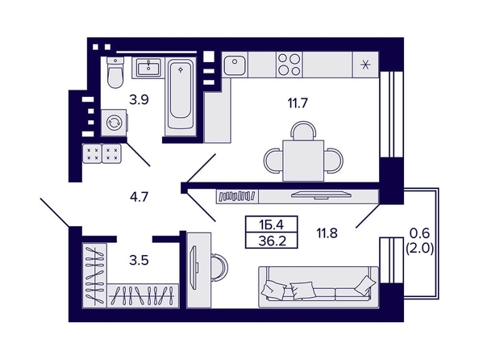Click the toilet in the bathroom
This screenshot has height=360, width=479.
point(115,73)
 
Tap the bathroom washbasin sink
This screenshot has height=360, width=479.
point(148,68)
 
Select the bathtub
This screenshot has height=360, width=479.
point(181,97)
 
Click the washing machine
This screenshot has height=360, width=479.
point(115,123)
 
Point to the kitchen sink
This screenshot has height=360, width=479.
point(235,65)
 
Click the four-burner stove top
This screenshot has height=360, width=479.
point(289,65)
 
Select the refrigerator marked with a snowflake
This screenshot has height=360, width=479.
point(365,65)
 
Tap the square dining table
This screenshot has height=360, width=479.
point(303,161)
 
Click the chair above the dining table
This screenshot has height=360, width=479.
point(303,131)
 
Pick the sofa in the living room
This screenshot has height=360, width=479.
point(319,287)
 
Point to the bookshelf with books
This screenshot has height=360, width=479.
point(237,196)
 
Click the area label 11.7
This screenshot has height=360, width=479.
point(298,103)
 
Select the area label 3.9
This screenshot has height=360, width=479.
point(139,100)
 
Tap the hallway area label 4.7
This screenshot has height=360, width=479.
point(139,197)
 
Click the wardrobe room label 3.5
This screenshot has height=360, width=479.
point(139,260)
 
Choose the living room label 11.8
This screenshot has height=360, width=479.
point(327,233)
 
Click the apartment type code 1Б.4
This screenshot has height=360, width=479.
point(271,225)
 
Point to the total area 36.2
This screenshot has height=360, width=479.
point(272,241)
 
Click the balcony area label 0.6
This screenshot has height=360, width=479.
point(419,233)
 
